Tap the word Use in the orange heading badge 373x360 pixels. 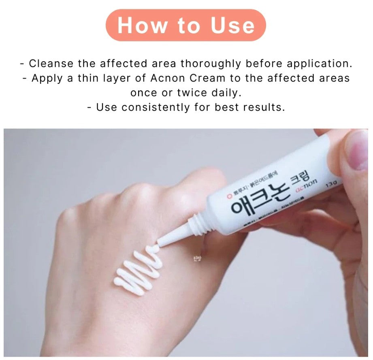pyautogui.click(x=232, y=25)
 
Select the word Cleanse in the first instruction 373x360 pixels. pyautogui.click(x=51, y=64)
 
